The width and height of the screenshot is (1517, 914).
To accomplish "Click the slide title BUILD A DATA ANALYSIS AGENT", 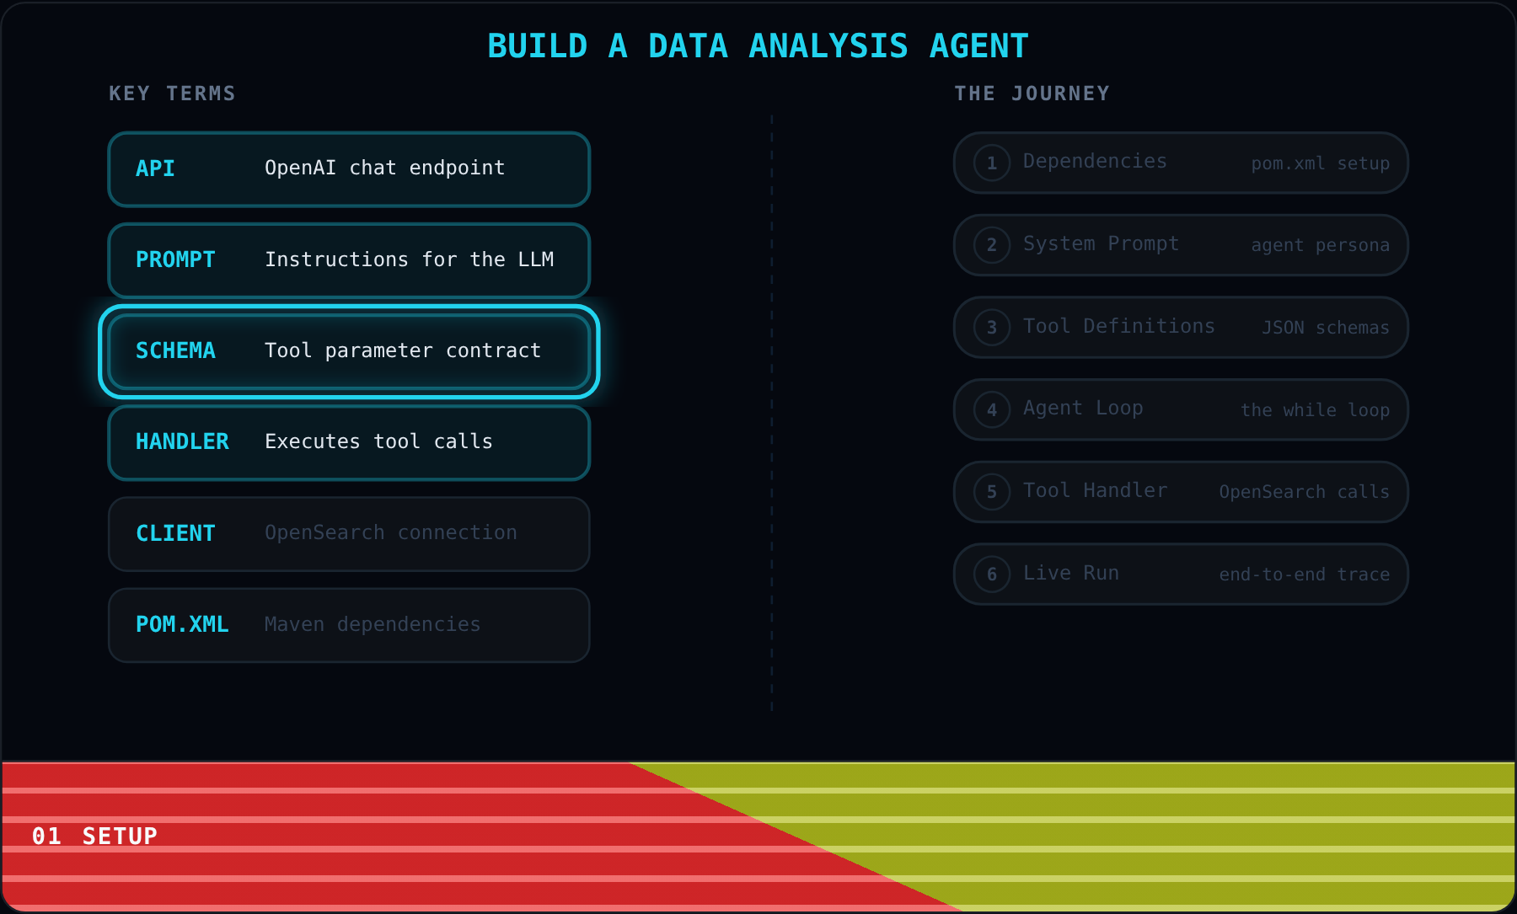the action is click(758, 46).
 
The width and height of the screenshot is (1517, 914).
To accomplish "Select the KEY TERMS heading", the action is click(172, 94).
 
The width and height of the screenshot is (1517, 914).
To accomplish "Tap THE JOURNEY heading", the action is click(1032, 94).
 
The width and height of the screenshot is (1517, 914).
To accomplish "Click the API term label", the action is click(155, 168).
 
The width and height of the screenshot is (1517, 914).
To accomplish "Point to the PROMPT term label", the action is click(175, 259).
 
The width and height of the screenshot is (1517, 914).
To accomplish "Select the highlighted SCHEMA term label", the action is click(175, 350).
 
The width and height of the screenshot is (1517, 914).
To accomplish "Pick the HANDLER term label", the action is click(182, 441).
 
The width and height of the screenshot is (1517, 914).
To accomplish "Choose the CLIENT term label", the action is click(175, 533).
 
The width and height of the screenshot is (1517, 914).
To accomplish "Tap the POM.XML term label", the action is click(182, 624).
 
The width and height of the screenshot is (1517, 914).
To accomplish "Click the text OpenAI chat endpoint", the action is click(384, 168).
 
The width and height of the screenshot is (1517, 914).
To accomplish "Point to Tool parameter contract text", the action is click(403, 350).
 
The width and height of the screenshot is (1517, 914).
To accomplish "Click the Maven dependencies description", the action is click(373, 624).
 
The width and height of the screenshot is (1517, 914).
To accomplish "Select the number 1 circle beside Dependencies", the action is click(992, 163).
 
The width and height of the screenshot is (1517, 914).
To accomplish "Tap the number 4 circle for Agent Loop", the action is click(992, 410).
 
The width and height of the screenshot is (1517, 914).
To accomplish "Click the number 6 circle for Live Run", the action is click(992, 575).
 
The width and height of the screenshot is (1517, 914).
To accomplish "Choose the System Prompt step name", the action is click(1101, 243).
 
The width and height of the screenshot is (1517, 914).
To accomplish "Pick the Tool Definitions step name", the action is click(1118, 326).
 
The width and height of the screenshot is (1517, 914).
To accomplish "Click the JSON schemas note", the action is click(1325, 328).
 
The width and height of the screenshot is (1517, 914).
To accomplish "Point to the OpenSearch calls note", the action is click(1304, 492).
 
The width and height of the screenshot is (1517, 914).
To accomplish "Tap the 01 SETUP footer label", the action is click(94, 836).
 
